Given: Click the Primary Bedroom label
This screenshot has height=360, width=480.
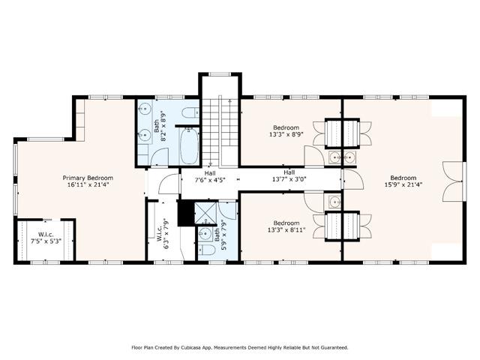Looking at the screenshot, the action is pos(88,178).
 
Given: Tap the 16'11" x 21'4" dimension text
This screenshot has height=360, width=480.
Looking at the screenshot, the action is pos(88,185).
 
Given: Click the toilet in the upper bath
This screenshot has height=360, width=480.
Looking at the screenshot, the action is pos(190,113).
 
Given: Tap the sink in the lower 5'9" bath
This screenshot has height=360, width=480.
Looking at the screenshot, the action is pos(205,234).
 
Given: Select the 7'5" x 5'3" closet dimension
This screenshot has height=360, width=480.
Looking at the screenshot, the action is pos(46,241).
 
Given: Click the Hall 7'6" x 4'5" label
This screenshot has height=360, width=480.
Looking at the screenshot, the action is pos(210,177).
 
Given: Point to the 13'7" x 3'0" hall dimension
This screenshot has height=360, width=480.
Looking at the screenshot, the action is pos(289,179).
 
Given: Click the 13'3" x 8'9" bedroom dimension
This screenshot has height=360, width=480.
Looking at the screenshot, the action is pos(286,134).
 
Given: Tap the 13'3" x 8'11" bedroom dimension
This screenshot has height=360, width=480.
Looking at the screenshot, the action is pos(286,229).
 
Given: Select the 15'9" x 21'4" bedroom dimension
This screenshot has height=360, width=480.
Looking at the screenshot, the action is pos(403,184).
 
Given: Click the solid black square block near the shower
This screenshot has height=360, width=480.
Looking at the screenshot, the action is pos(186,213).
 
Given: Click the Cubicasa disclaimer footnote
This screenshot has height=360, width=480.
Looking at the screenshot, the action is pos(240,347).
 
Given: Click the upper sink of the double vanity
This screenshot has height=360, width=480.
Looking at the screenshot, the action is pos(144,108).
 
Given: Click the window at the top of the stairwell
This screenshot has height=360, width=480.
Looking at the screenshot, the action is pos(220,74).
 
